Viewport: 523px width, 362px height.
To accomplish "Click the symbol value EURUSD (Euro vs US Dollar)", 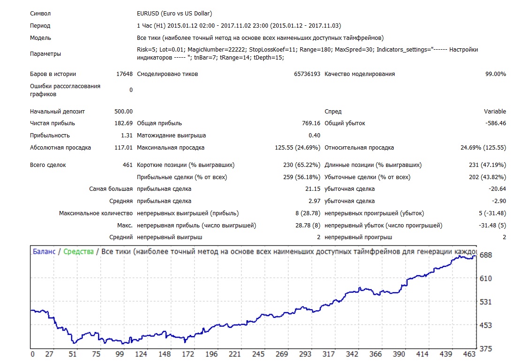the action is (174, 13).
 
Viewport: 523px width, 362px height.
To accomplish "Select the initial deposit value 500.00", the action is (123, 111).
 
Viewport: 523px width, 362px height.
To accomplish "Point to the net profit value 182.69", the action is (123, 123).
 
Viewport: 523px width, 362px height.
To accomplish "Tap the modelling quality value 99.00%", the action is (496, 74).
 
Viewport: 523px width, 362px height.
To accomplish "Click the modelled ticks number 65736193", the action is (307, 74).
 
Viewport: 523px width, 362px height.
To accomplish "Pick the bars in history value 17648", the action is (124, 74).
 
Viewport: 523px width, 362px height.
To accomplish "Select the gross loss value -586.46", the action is (496, 123).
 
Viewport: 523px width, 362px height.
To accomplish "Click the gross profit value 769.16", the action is (311, 123).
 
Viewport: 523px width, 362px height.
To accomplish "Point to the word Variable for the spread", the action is (495, 111).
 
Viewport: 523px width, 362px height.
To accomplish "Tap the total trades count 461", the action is (128, 165).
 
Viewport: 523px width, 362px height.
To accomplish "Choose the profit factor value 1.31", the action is (127, 136).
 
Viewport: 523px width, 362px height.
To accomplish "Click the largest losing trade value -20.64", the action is (497, 189).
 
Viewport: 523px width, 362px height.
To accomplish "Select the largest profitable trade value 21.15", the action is (313, 189).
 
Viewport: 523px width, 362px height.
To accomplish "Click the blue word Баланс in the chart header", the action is (44, 252).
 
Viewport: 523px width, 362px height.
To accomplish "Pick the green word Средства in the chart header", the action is (78, 252).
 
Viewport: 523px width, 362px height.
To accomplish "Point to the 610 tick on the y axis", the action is (485, 279).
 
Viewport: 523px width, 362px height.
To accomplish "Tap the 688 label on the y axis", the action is (485, 255).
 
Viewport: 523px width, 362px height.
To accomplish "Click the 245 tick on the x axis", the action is (258, 354).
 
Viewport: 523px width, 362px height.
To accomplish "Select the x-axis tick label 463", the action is (470, 354).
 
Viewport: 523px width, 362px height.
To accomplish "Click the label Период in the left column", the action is (40, 26).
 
